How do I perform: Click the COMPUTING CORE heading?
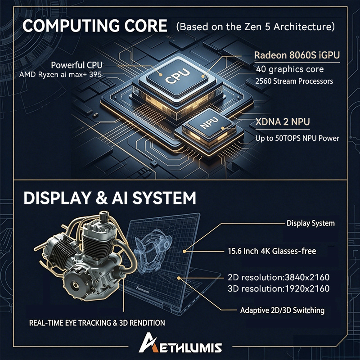95,26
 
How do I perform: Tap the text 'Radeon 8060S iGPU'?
297,55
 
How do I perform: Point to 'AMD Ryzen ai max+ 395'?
61,75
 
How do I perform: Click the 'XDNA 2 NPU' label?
283,122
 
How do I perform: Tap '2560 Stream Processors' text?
294,81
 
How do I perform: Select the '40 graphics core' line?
290,69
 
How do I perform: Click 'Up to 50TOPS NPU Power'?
297,138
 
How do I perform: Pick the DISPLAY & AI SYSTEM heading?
110,198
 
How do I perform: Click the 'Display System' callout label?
310,223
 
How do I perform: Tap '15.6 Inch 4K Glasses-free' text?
272,251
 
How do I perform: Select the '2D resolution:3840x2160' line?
279,277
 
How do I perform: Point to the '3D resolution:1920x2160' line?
279,288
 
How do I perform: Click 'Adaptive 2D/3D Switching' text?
283,310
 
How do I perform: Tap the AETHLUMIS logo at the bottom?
180,343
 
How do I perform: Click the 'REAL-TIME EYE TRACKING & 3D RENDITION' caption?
97,323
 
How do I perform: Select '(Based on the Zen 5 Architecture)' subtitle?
255,27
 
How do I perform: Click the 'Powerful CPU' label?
76,65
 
